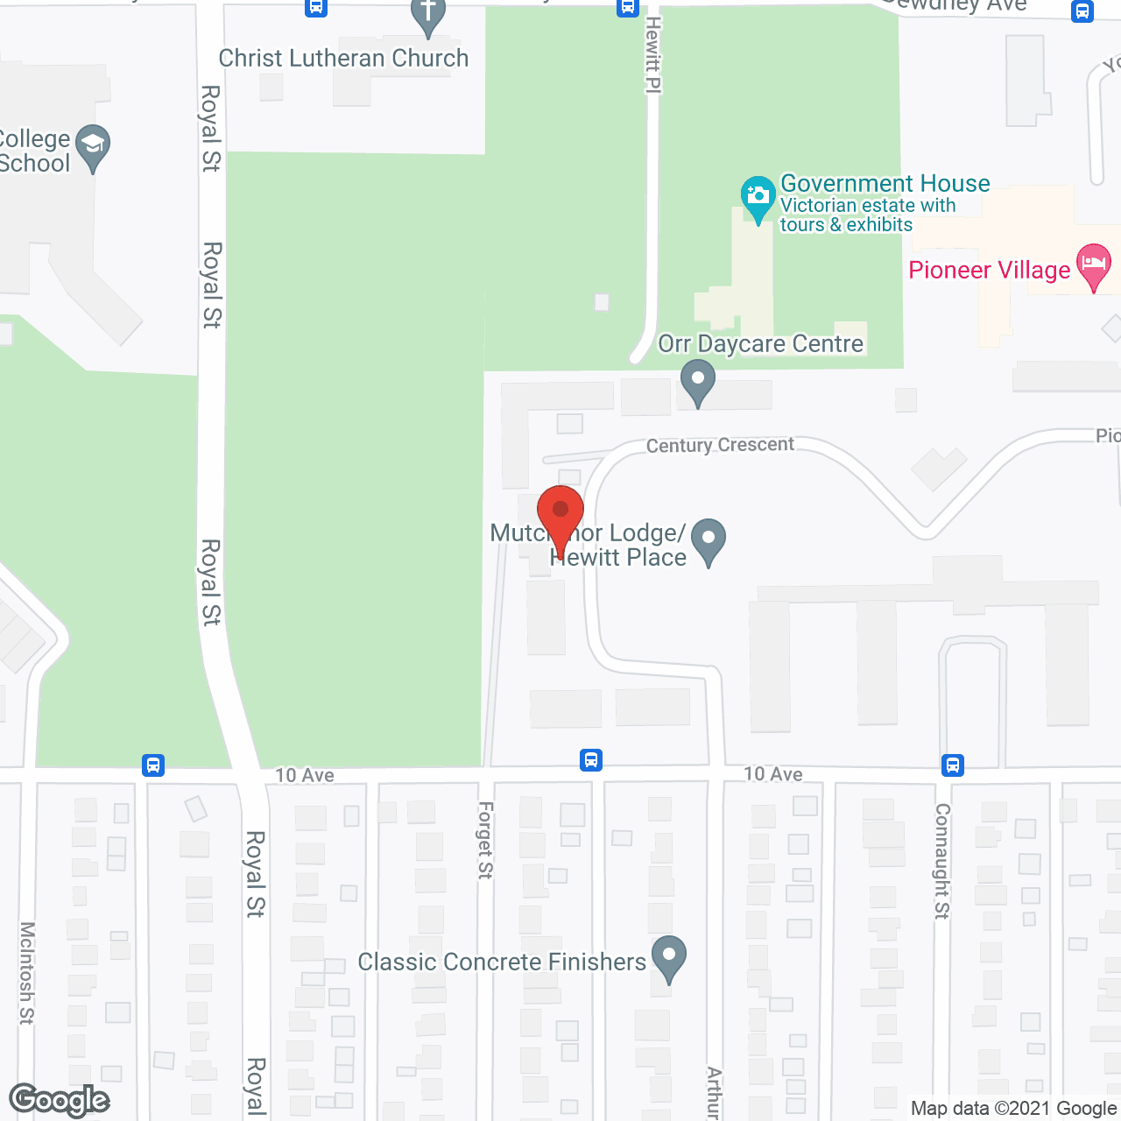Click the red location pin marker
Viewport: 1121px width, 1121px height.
click(560, 511)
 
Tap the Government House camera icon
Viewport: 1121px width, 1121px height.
click(758, 196)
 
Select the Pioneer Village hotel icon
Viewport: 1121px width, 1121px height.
click(1094, 264)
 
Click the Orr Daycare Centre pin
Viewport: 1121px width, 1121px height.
click(698, 381)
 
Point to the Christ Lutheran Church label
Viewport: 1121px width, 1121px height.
click(343, 58)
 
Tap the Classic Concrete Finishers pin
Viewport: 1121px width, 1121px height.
click(669, 956)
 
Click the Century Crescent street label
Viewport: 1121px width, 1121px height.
click(720, 445)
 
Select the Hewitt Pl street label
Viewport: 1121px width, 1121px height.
click(653, 54)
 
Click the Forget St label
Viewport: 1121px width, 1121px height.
click(485, 840)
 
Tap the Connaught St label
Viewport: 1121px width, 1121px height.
click(942, 861)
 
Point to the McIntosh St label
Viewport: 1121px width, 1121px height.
click(27, 972)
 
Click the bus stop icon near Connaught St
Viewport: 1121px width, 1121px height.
click(953, 765)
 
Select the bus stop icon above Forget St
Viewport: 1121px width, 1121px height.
click(591, 759)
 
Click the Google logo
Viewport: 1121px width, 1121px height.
click(60, 1100)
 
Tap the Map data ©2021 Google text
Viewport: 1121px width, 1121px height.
click(1013, 1109)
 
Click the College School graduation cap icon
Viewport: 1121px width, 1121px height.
click(93, 145)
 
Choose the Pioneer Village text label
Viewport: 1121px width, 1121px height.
click(990, 270)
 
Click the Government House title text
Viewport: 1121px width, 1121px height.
click(885, 183)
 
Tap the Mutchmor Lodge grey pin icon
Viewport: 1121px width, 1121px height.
click(709, 539)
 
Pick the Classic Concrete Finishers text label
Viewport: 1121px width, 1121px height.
click(502, 962)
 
